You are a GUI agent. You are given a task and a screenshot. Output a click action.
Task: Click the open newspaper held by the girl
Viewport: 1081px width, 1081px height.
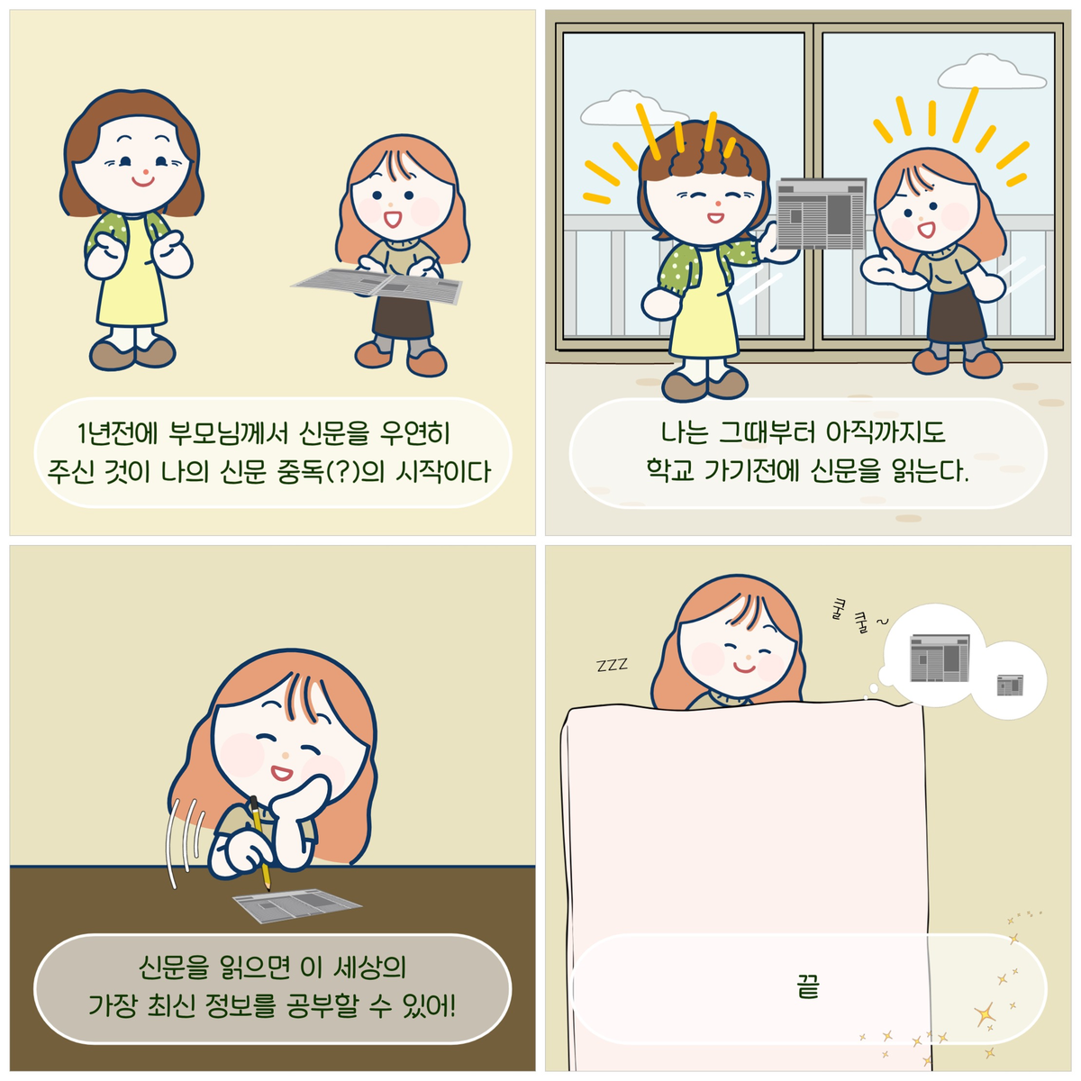point(377,285)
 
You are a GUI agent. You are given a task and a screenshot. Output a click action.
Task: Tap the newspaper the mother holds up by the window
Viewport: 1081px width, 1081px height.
point(821,213)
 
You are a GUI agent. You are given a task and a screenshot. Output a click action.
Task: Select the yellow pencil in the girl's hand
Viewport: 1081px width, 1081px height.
point(259,844)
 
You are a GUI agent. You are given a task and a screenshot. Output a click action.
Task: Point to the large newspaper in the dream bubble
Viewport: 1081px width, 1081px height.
point(939,657)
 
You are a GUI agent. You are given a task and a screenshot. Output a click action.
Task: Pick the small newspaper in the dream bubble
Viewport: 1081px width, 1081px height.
point(1010,685)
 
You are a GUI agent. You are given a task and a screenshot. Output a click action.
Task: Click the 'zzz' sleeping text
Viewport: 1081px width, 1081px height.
point(612,665)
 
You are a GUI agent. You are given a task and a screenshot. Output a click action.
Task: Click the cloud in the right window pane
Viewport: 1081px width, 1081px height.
point(992,73)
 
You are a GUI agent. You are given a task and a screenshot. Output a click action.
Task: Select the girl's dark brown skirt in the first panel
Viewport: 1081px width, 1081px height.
point(403,316)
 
